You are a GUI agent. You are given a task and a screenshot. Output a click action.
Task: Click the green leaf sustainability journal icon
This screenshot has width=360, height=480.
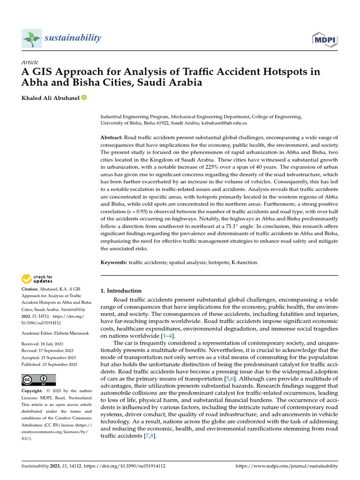32,38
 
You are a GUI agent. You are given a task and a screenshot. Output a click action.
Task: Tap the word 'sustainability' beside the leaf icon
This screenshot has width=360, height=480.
73,37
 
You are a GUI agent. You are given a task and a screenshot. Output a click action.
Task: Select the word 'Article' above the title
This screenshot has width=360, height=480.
30,62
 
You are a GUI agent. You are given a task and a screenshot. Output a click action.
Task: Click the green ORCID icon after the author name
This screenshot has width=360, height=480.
84,97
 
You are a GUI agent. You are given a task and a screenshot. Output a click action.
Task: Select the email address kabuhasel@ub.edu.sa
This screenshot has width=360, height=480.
224,123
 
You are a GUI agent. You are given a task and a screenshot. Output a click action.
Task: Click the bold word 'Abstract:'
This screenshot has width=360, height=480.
112,137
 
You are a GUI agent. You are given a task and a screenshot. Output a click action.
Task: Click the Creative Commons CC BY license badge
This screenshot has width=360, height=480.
38,380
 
